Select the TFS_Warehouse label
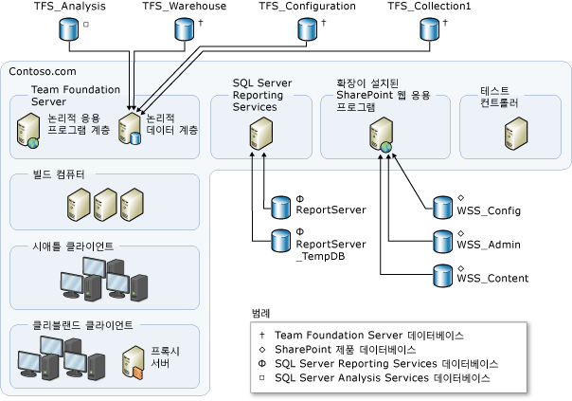tap(185, 7)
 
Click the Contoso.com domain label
tap(42, 72)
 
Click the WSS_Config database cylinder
tap(441, 206)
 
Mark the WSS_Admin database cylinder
tap(441, 240)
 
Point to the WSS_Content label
tap(492, 279)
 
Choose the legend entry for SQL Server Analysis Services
tap(379, 376)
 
